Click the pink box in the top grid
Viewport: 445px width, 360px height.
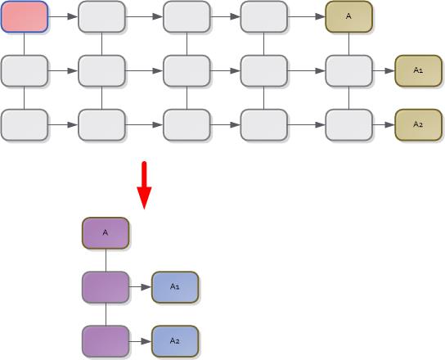pos(24,16)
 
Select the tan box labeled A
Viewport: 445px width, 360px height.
pos(349,16)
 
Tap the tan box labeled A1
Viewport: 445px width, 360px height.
pos(418,71)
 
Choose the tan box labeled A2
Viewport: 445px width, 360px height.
pos(418,124)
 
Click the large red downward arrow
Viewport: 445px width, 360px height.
pos(144,184)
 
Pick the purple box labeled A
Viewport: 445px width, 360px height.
pos(106,233)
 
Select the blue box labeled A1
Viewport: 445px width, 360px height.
pos(175,287)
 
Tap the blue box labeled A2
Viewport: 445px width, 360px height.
pos(175,340)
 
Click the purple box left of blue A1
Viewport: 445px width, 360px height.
pos(106,287)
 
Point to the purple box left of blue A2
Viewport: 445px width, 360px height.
pos(106,340)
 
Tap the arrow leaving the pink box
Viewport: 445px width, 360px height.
pos(62,16)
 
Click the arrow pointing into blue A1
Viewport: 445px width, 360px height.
pos(141,287)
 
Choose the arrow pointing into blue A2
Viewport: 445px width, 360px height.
pos(141,340)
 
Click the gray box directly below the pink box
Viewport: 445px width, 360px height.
pos(24,71)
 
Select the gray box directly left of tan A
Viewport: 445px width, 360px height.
pos(263,16)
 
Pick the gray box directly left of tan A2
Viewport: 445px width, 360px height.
pos(349,124)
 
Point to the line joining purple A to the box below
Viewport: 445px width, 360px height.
pos(106,260)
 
